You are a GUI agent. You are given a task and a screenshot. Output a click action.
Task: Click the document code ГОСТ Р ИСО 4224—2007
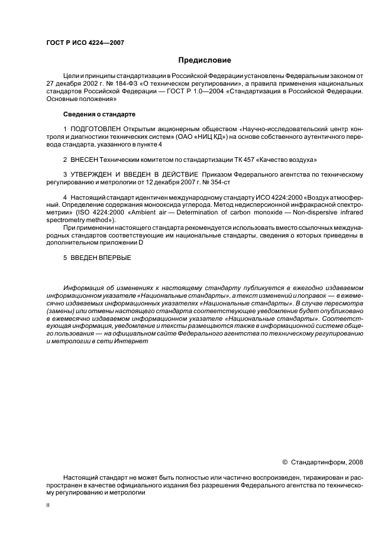coord(85,43)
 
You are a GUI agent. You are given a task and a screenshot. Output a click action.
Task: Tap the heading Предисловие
coord(205,60)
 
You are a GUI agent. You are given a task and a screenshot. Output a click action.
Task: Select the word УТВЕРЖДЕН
coord(97,175)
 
